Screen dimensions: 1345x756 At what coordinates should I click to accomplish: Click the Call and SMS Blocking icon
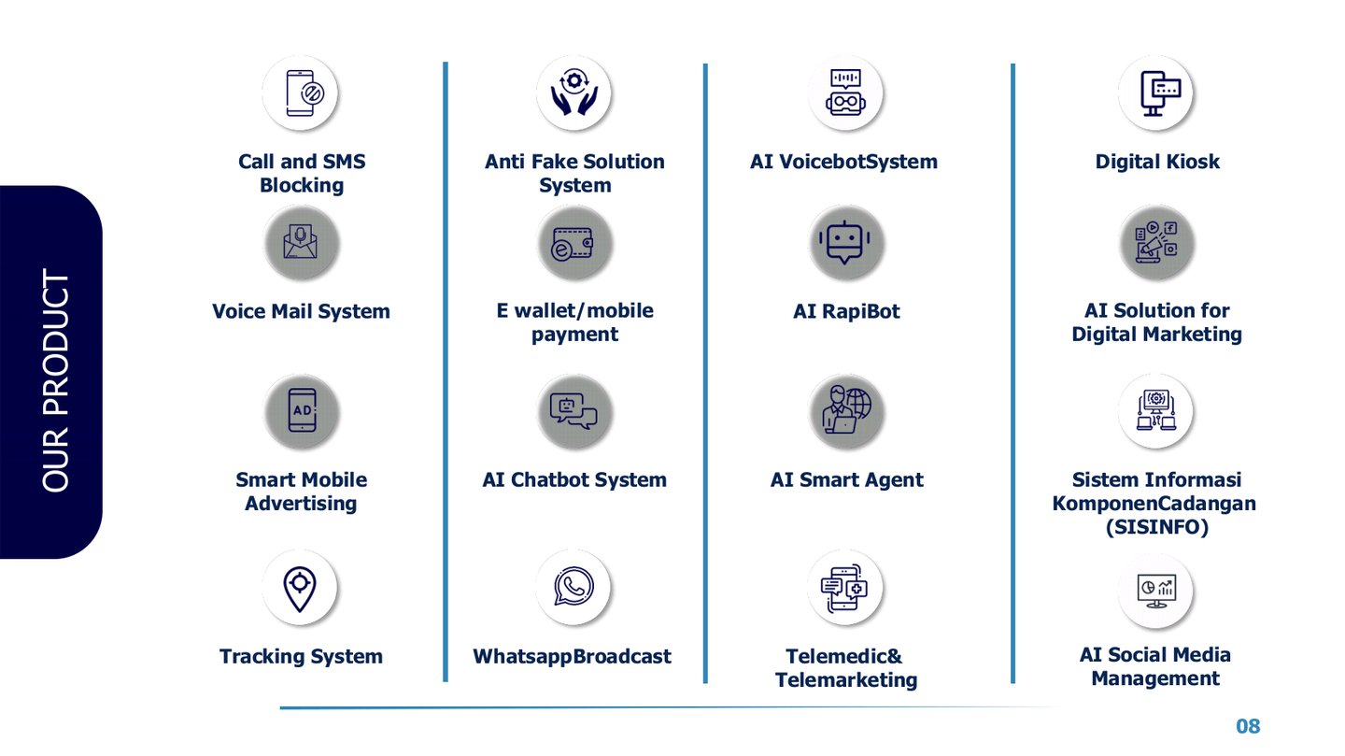click(300, 93)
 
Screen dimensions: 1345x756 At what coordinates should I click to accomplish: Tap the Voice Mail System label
click(301, 311)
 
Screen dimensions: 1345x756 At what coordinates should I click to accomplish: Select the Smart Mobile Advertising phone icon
click(301, 411)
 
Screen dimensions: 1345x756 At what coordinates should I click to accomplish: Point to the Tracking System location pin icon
click(300, 588)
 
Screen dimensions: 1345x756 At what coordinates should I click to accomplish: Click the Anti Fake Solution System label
click(574, 173)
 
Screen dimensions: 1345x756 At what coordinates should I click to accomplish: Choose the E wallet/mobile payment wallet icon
click(573, 244)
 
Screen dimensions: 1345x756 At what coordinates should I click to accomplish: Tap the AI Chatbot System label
click(574, 480)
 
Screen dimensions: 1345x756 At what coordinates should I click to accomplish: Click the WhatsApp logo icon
click(573, 588)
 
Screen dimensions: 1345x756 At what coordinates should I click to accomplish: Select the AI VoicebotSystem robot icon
click(845, 93)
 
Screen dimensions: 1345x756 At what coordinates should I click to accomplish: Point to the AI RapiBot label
click(846, 311)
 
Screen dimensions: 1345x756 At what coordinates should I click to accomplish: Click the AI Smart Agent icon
click(846, 411)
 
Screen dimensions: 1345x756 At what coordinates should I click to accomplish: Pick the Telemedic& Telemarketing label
click(845, 668)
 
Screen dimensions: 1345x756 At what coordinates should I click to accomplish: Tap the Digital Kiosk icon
click(1155, 93)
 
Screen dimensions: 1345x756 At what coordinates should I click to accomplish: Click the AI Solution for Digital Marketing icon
click(1156, 244)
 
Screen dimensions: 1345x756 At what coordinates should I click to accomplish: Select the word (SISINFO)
click(1156, 528)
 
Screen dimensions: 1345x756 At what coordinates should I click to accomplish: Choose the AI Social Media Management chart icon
click(1155, 591)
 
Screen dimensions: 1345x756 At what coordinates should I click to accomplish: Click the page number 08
click(1248, 726)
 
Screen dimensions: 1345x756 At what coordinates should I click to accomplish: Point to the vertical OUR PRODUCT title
click(56, 381)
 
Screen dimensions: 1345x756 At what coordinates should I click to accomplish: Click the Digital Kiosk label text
click(1157, 162)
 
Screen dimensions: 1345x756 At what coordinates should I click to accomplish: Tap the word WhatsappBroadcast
click(572, 657)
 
